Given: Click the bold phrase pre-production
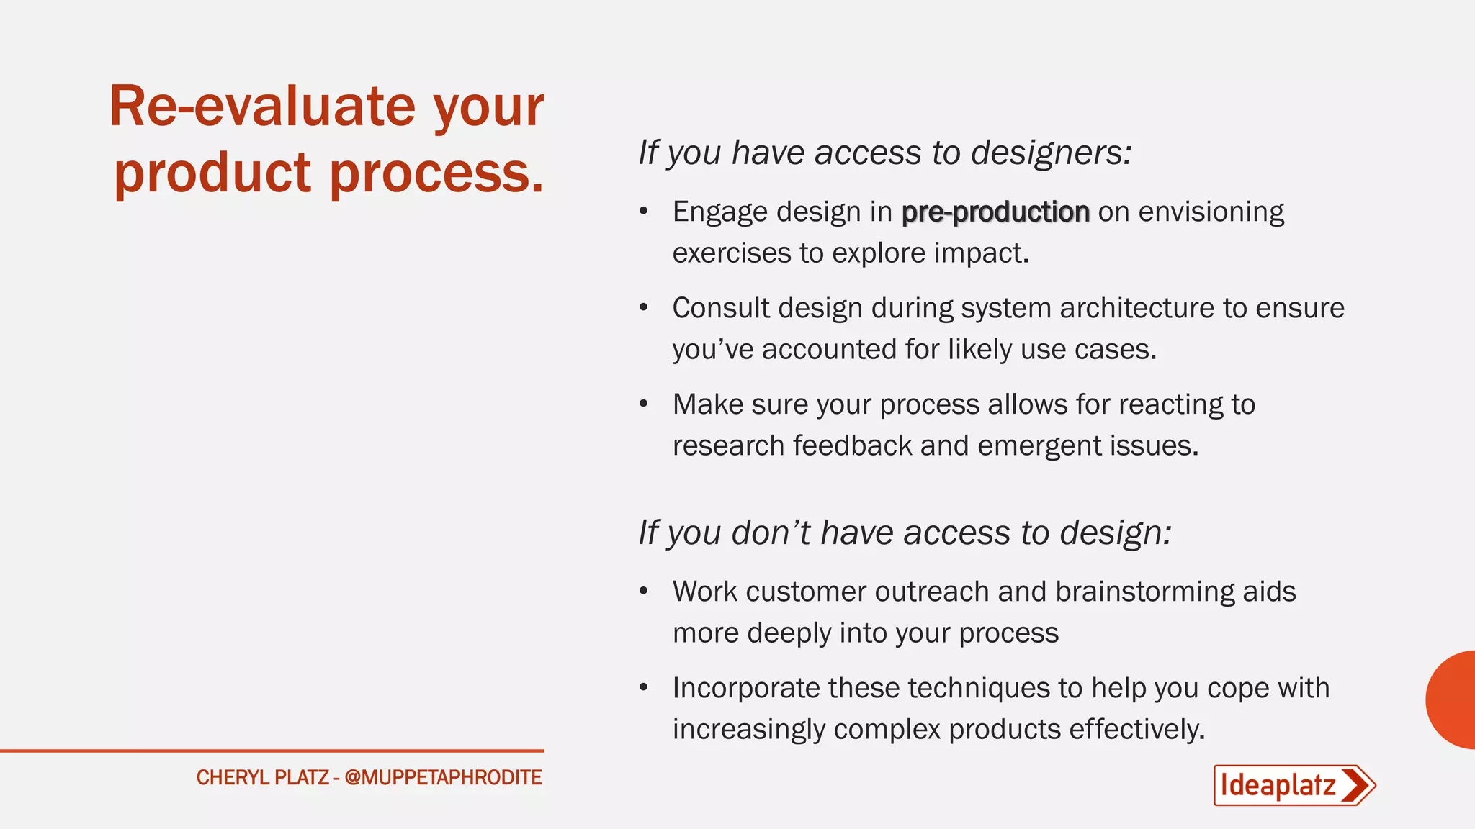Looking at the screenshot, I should click(x=995, y=212).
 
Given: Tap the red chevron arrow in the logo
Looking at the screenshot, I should click(x=1358, y=785).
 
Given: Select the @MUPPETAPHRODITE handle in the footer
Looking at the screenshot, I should click(x=443, y=778).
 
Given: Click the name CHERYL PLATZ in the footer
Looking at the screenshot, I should click(x=262, y=778).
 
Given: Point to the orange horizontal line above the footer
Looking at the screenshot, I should click(x=272, y=751).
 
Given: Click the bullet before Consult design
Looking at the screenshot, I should click(x=644, y=308).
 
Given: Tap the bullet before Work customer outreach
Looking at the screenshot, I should click(x=644, y=592).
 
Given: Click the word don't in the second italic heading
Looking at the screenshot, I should click(x=771, y=533).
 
